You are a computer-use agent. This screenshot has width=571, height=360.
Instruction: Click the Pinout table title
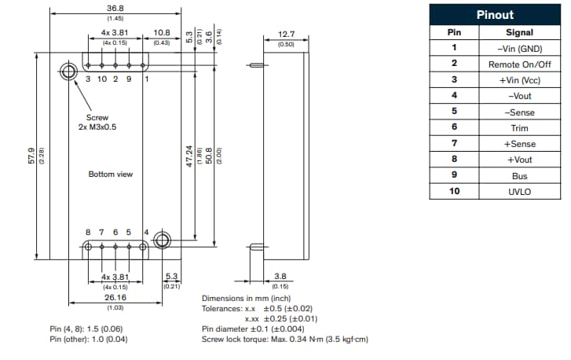coord(495,15)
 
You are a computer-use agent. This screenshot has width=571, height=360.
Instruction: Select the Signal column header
coord(519,32)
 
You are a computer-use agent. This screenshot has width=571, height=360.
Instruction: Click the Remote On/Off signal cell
coord(519,64)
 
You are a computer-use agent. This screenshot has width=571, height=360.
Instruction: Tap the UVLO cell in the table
coord(519,192)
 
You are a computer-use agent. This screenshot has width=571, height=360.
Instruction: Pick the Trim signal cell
coord(519,128)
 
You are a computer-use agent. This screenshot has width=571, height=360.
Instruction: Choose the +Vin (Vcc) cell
coord(519,80)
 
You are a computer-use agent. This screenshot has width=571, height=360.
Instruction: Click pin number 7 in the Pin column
coord(453,144)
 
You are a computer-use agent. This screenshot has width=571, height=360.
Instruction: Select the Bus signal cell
coord(519,176)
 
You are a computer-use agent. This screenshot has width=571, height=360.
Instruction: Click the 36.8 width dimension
coord(115,9)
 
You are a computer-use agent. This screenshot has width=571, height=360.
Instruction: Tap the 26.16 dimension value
coord(115,298)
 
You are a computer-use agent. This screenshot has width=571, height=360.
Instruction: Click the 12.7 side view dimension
coord(287,35)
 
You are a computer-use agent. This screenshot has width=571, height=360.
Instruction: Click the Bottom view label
coord(109,174)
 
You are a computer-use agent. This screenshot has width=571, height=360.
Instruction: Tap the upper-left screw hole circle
coord(68,72)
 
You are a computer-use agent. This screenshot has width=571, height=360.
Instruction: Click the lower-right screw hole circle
coord(163,241)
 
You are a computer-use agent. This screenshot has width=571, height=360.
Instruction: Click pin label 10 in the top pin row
coord(101,79)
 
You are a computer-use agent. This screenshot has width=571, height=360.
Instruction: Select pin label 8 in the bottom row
coord(88,232)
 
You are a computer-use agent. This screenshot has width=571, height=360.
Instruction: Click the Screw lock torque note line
coord(284,340)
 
